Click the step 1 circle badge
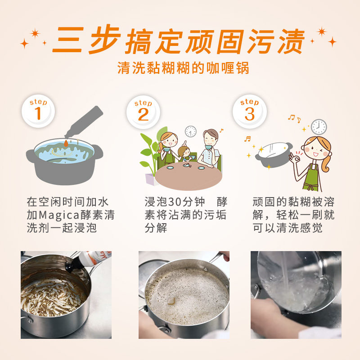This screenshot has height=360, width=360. pyautogui.click(x=38, y=111)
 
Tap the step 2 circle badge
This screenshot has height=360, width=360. pyautogui.click(x=143, y=112)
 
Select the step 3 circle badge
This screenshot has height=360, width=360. pyautogui.click(x=250, y=111)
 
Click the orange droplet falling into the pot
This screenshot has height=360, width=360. pyautogui.click(x=66, y=143)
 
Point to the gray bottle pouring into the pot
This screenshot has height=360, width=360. pyautogui.click(x=84, y=121)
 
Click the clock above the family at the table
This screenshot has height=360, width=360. pyautogui.click(x=190, y=132)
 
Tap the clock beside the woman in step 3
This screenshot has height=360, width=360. pyautogui.click(x=319, y=127)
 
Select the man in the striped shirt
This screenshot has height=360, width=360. pyautogui.click(x=209, y=149)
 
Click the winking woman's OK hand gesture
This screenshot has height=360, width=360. pyautogui.click(x=294, y=158)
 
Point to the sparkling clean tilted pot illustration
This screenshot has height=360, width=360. pyautogui.click(x=274, y=154)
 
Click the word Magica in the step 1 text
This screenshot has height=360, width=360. pyautogui.click(x=56, y=215)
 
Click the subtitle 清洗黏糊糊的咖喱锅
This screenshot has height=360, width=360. pyautogui.click(x=183, y=68)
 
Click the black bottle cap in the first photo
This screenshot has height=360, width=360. pyautogui.click(x=73, y=266)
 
